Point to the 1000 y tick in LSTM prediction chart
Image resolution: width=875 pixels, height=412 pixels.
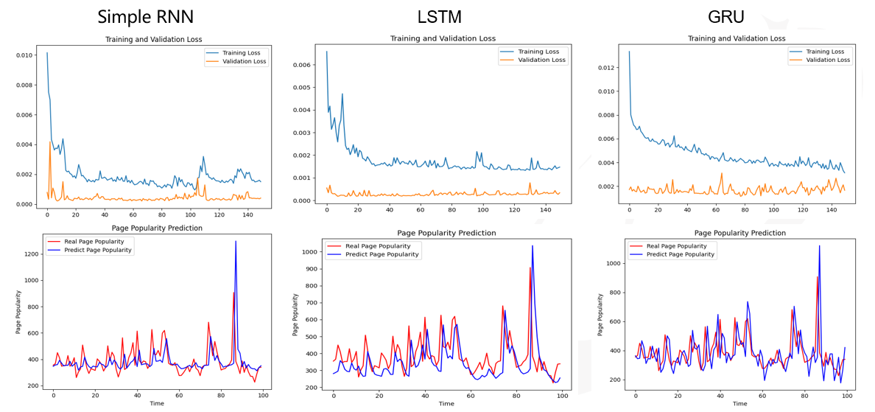click(x=309, y=252)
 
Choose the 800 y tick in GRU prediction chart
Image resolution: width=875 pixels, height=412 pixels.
click(x=611, y=293)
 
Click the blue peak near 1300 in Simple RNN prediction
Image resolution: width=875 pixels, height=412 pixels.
click(x=236, y=241)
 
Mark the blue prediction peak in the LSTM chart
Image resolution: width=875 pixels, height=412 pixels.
click(x=532, y=246)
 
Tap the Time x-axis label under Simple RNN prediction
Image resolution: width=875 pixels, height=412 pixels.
click(x=157, y=403)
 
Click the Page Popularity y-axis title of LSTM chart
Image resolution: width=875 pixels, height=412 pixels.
click(x=295, y=315)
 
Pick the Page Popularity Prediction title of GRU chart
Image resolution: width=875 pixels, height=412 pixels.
click(x=739, y=233)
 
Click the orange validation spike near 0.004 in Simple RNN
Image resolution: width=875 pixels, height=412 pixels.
click(x=50, y=142)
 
